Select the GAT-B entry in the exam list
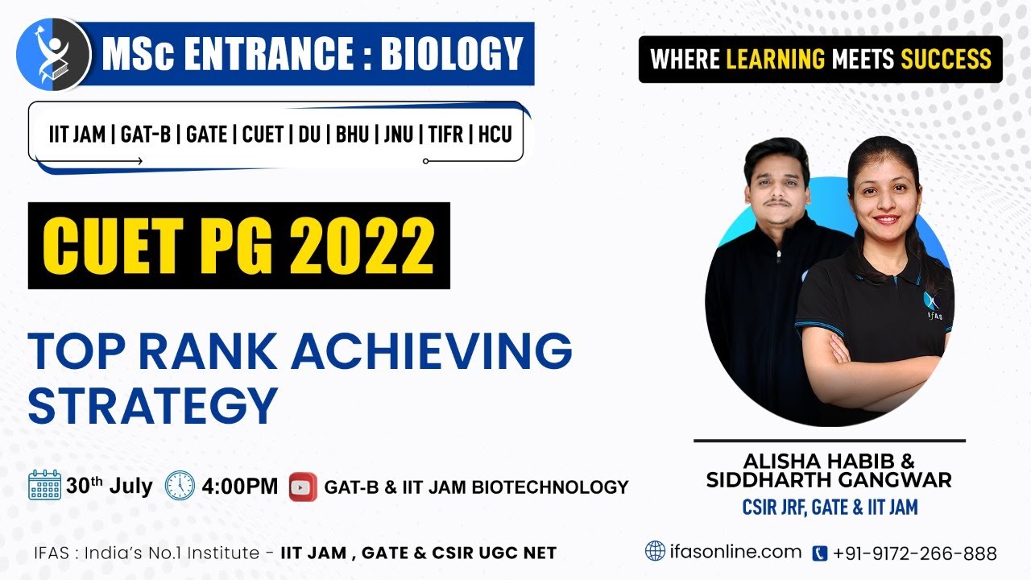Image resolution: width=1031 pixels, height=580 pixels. coord(145,135)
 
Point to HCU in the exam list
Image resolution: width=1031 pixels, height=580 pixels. coord(495,135)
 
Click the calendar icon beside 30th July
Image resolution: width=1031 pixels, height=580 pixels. coord(45,486)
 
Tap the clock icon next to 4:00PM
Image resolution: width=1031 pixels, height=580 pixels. coord(180,486)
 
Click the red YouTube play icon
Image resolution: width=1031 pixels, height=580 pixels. coord(303,487)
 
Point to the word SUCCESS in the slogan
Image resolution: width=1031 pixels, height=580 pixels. coord(946,59)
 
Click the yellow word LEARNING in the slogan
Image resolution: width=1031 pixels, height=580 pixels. coord(775,59)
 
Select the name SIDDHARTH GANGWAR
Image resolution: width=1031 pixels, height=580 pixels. coord(829,481)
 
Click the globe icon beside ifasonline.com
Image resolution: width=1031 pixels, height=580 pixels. coord(656,551)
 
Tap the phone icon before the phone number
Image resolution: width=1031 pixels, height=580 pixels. coord(820,553)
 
